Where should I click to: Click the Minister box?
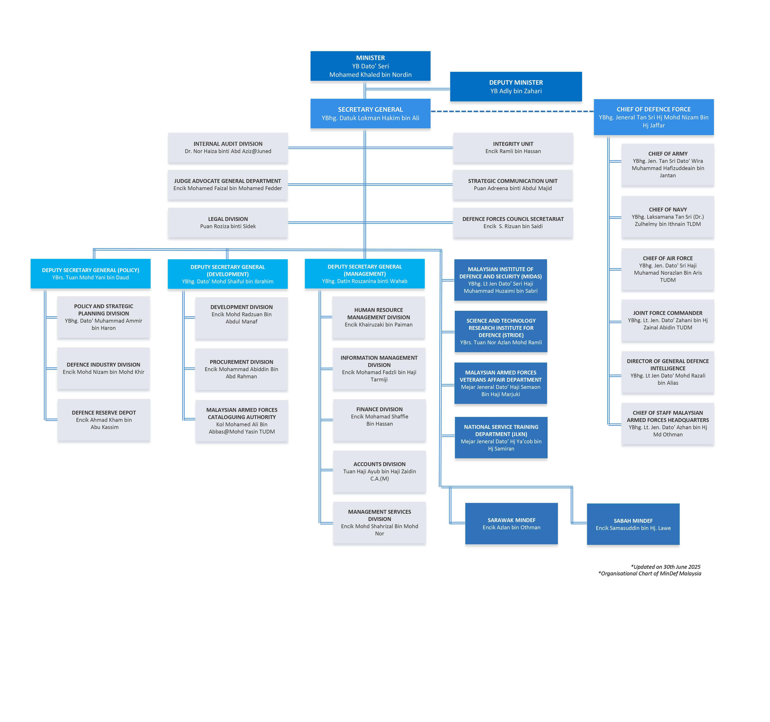pos(370,66)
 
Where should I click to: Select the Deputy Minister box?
pos(516,86)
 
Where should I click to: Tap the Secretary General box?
pos(370,113)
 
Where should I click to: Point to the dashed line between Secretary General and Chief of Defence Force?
pos(512,111)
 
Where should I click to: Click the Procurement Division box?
pos(241,369)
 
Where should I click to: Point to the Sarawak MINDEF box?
pos(511,524)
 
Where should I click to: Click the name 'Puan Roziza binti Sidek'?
pos(228,226)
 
